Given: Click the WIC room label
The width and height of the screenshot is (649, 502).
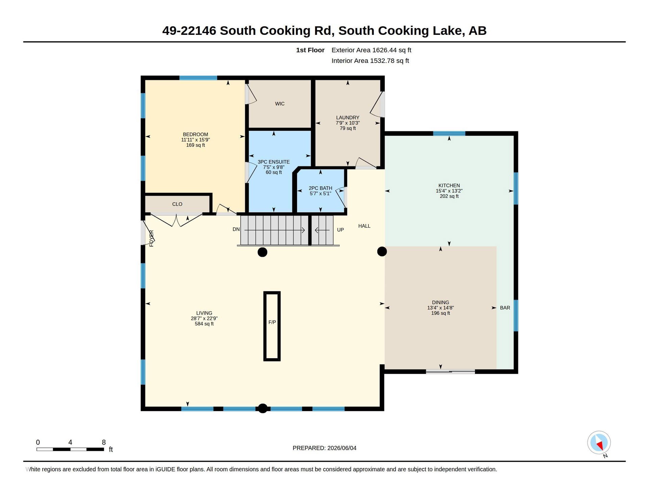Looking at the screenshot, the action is [280, 104].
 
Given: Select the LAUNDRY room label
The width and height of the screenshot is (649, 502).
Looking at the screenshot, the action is [347, 117].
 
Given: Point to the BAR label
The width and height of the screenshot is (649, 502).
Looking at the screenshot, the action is [505, 307].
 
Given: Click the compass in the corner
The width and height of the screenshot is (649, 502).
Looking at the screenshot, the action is [599, 442].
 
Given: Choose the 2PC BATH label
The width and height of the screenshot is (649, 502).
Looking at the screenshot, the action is [320, 188].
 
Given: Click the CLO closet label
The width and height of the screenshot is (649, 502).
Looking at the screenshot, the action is [177, 204].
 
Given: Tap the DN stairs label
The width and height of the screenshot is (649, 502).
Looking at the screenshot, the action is [236, 229].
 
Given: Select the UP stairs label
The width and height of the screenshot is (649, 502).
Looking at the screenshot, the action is [340, 230].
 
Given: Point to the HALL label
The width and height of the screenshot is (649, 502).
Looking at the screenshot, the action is [364, 226].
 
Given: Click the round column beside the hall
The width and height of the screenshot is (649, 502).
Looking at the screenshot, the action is [382, 251].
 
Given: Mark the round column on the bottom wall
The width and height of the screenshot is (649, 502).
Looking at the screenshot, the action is [263, 408].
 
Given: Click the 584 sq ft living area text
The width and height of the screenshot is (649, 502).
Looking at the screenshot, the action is [204, 324].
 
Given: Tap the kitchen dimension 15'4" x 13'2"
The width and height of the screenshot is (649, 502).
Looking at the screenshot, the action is [449, 191].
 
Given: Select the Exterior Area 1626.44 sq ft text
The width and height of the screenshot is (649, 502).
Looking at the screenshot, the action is [371, 50].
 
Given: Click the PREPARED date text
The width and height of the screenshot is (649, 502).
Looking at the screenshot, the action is [324, 448].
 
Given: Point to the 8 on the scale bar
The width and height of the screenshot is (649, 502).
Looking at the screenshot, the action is [104, 442].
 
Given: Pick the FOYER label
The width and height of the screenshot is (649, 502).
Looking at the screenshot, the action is [151, 238].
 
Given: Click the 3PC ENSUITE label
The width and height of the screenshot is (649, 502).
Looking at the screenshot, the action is [273, 162].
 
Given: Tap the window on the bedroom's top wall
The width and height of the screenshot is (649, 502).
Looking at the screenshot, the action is [198, 78].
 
